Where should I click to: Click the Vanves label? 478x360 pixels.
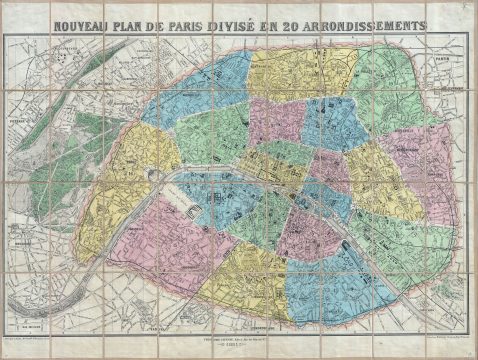click(x=150, y=326)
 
